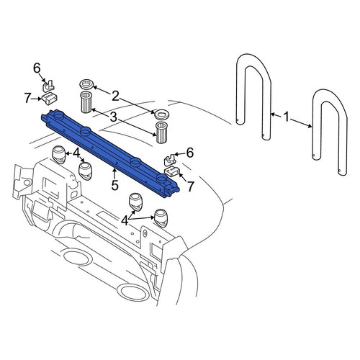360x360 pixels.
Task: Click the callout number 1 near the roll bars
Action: [x=287, y=117]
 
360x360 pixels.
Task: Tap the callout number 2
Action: [x=115, y=96]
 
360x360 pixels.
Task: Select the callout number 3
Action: [x=113, y=117]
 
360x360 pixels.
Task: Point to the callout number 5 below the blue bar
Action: [x=115, y=185]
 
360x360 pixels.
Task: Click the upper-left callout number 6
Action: [x=37, y=68]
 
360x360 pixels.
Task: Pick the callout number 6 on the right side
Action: [x=190, y=153]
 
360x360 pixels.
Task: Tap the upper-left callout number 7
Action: [x=28, y=99]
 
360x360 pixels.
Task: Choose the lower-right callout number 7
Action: [x=190, y=186]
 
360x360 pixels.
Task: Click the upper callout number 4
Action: [x=76, y=153]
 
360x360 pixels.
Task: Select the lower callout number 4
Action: [x=125, y=220]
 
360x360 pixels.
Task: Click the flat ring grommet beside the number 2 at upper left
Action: [x=86, y=85]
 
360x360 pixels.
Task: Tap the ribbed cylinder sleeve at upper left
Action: [x=86, y=102]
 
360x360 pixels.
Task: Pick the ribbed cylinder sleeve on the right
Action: [x=161, y=132]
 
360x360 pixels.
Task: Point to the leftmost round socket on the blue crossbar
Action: [x=58, y=117]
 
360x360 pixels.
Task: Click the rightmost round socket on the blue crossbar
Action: [x=161, y=179]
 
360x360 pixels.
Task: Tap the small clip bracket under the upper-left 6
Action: [x=48, y=86]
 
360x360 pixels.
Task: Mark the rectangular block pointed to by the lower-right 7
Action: [x=172, y=172]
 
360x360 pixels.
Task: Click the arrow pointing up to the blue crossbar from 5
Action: [x=114, y=174]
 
